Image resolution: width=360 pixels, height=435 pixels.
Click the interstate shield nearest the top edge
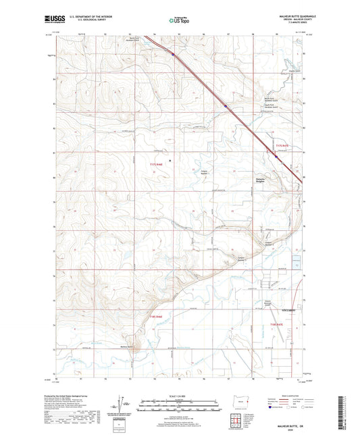point(172,55)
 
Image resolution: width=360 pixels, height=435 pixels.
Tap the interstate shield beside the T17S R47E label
point(276,157)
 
